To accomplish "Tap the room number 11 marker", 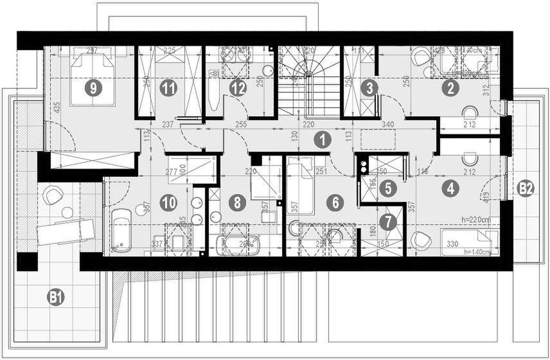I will (168, 89).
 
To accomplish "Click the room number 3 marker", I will (368, 89).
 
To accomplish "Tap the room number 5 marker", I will (387, 188).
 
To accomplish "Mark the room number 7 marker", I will (387, 222).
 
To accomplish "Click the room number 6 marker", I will (333, 203).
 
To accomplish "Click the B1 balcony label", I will (57, 297).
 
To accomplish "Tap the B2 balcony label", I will (526, 188).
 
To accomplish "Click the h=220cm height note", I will (477, 219).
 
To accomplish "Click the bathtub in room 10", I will (121, 230).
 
